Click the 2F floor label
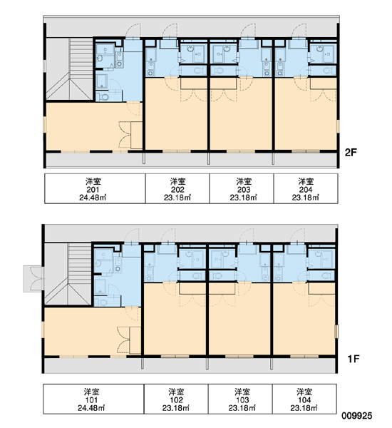[x=351, y=153]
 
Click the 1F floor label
[x=353, y=359]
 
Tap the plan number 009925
[x=357, y=416]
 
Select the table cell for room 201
[x=95, y=188]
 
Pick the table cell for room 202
[x=177, y=188]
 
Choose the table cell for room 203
[x=242, y=188]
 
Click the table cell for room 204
[x=306, y=188]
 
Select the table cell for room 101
[x=93, y=399]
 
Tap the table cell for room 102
[x=176, y=399]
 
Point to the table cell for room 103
[x=240, y=399]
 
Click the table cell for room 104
[x=304, y=399]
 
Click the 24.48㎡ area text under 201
[x=93, y=198]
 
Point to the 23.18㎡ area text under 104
[x=304, y=408]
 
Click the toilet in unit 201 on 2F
[x=104, y=96]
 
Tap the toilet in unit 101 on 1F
[x=103, y=302]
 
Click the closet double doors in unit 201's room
[x=125, y=135]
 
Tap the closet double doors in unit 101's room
[x=123, y=340]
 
